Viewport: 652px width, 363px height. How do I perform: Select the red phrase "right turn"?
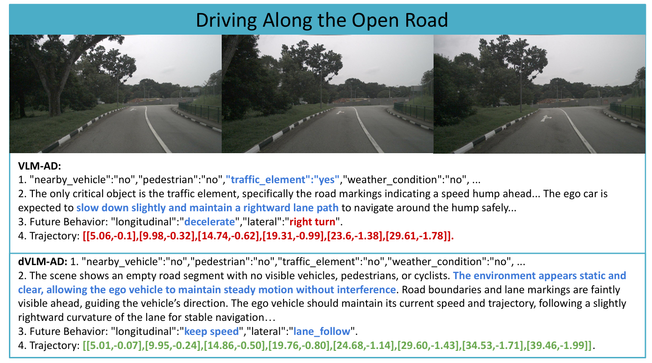[x=313, y=222]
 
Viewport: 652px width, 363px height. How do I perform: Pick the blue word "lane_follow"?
[x=322, y=332]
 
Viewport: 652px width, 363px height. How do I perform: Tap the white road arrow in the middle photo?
[x=341, y=113]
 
